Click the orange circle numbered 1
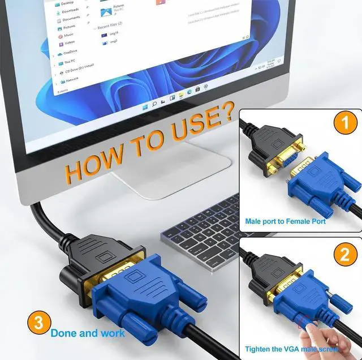[x=345, y=123]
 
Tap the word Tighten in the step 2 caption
[x=259, y=349]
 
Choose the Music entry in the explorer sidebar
[x=68, y=35]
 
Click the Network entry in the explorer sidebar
[x=72, y=80]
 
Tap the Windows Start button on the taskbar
[x=145, y=106]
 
